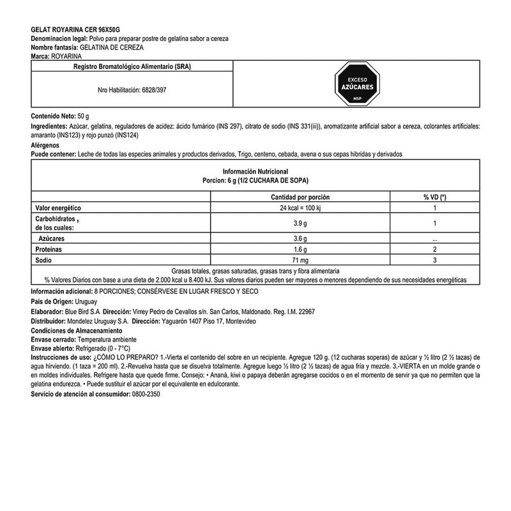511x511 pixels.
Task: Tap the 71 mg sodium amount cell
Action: [x=300, y=260]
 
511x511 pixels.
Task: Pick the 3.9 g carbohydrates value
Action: [x=300, y=222]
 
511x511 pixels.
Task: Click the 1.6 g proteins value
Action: [x=300, y=248]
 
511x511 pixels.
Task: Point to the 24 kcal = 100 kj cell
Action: [x=300, y=208]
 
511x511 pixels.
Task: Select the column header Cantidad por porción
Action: [x=300, y=197]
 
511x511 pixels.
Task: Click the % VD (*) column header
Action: [x=434, y=197]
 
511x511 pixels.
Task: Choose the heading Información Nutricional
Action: [x=256, y=171]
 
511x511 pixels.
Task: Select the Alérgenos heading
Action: [x=47, y=146]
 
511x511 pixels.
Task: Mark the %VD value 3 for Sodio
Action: [x=434, y=260]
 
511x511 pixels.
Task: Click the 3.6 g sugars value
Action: [x=300, y=237]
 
